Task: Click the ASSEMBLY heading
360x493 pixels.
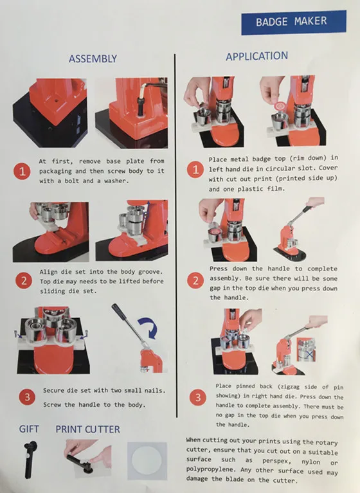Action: (x=93, y=58)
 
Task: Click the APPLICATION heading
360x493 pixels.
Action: (x=256, y=57)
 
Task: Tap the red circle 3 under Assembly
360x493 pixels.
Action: (x=26, y=397)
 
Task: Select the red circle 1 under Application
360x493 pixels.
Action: (x=194, y=170)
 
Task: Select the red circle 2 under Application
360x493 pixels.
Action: (x=194, y=281)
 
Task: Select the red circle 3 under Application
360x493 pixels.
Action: (x=194, y=397)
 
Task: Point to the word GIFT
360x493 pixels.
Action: (x=29, y=429)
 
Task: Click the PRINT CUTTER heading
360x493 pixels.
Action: (x=87, y=429)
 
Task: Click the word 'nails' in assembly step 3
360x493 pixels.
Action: (x=150, y=391)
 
